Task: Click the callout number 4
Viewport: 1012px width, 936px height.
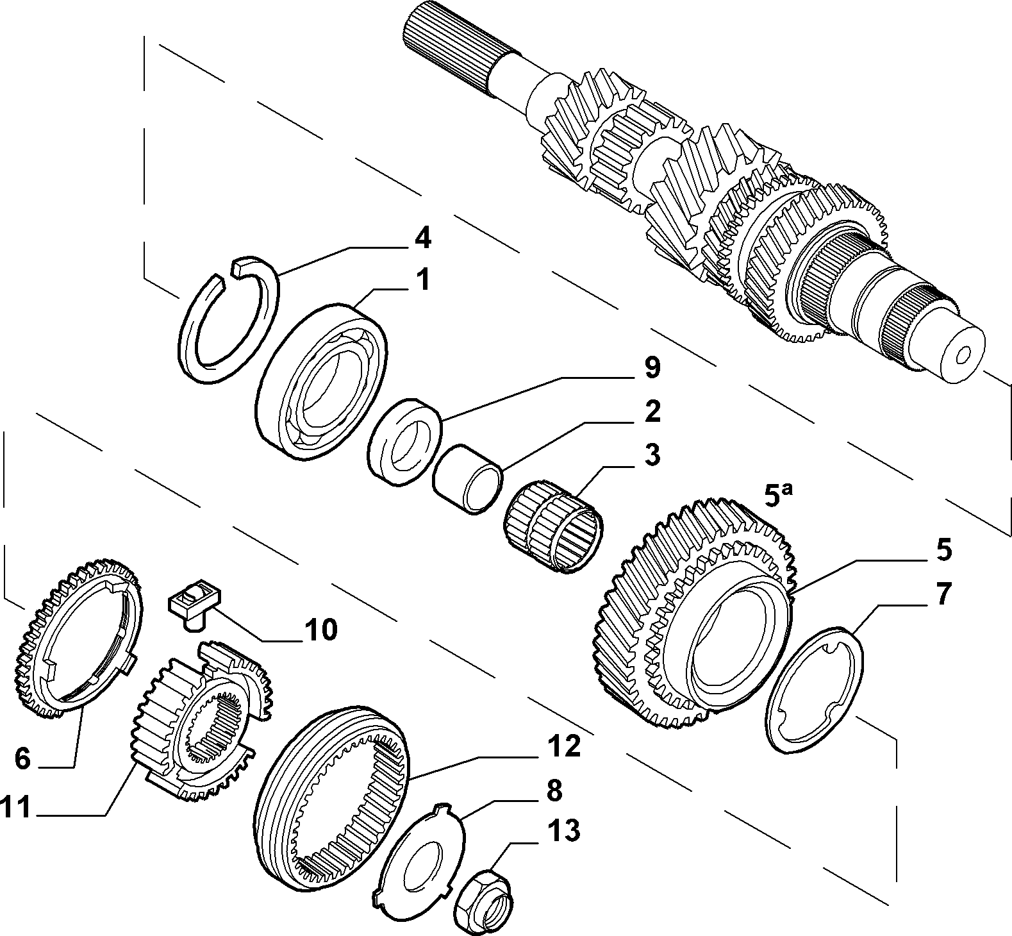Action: pyautogui.click(x=422, y=238)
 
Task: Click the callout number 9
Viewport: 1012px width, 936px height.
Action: pyautogui.click(x=651, y=367)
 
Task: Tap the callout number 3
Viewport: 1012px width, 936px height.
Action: pyautogui.click(x=651, y=456)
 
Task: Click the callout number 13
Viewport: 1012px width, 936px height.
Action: pyautogui.click(x=565, y=831)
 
